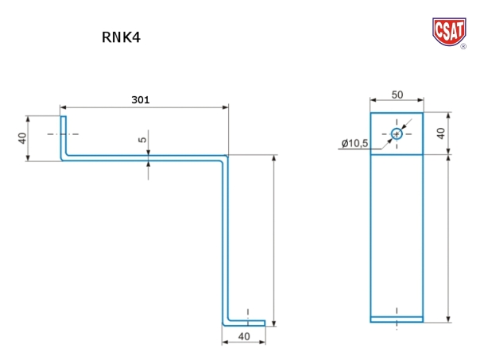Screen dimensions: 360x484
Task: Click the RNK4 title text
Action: click(x=122, y=37)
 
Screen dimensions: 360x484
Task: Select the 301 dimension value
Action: click(x=140, y=100)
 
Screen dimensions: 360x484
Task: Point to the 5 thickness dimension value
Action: click(x=142, y=140)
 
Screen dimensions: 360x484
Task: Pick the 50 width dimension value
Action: click(x=397, y=95)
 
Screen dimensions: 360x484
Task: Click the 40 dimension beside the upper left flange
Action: click(x=23, y=137)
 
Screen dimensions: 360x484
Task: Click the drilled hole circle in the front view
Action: click(x=397, y=134)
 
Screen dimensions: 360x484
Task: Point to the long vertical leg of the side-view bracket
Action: click(x=226, y=238)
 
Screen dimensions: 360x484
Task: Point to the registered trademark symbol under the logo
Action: click(x=463, y=46)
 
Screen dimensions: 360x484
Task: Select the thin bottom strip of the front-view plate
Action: click(x=397, y=319)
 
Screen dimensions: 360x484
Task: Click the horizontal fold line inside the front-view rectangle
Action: click(x=397, y=155)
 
